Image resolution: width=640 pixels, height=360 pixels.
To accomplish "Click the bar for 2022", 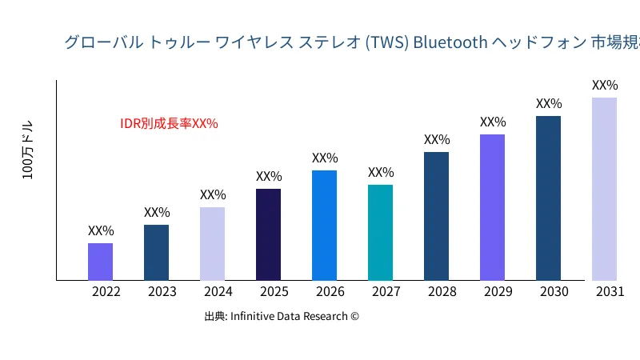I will tap(100, 262).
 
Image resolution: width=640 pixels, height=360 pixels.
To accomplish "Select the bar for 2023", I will tap(156, 252).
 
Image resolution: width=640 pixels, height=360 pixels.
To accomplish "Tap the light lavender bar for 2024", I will tap(212, 243).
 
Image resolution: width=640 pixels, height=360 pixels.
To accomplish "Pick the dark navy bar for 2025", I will tap(268, 234).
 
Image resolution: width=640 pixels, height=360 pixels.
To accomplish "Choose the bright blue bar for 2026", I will tap(324, 225).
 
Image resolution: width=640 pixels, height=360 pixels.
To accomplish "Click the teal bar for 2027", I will tap(380, 232).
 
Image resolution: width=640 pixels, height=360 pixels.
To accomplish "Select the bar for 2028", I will tap(436, 216).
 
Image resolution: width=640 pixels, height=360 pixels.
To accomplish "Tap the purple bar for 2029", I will tap(492, 207).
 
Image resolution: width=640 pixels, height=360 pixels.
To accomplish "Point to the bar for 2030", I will tap(548, 198).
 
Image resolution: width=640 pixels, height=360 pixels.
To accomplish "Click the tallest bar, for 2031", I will tap(604, 189).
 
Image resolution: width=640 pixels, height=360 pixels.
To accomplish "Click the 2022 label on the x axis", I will tap(106, 292).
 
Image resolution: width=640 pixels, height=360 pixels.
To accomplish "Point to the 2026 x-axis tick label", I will tap(330, 292).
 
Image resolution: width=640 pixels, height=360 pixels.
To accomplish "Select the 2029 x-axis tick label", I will tap(498, 292).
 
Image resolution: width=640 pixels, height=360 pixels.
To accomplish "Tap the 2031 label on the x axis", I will tap(610, 292).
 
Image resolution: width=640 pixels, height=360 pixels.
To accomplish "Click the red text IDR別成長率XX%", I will tap(169, 123).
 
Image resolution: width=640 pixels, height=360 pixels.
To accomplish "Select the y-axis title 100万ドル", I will tap(28, 150).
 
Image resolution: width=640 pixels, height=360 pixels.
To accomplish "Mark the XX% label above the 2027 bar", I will tap(381, 172).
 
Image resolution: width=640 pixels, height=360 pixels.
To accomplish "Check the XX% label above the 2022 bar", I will tap(101, 230).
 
